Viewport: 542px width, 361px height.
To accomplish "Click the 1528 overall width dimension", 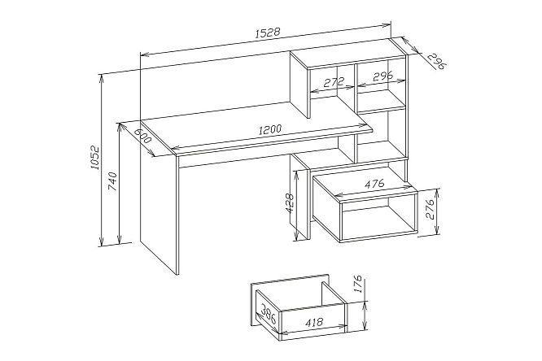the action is [267, 33].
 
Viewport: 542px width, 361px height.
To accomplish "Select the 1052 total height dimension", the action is [94, 158].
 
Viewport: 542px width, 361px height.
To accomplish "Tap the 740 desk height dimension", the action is [113, 181].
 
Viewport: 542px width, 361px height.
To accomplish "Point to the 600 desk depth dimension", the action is [142, 136].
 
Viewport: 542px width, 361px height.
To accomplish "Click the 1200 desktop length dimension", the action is [270, 129].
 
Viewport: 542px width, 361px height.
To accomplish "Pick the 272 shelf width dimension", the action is [334, 82].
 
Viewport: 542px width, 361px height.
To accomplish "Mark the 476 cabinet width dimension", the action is [374, 184].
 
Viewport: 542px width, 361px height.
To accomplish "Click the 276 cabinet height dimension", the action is [430, 209].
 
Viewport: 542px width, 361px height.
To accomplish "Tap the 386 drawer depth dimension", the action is [269, 314].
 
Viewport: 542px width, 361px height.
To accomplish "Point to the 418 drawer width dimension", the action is [314, 323].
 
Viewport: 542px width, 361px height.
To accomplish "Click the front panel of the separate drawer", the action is [313, 321].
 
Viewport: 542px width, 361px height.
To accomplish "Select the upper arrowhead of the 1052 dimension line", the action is [101, 78].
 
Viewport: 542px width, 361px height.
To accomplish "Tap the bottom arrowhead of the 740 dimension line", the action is [120, 239].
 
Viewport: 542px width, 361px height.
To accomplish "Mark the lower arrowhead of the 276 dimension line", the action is [437, 230].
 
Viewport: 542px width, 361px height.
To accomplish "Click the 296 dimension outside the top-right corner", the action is [435, 62].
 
